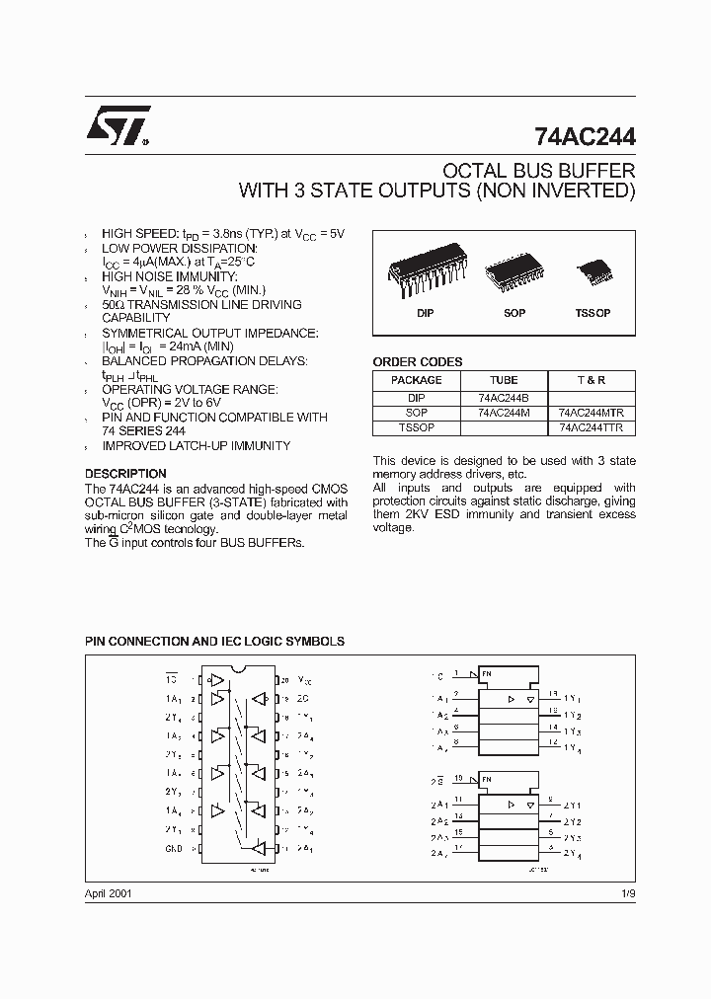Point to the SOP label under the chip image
pyautogui.click(x=514, y=313)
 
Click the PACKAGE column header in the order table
pyautogui.click(x=417, y=380)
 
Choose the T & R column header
pyautogui.click(x=591, y=380)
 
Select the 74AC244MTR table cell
pyautogui.click(x=591, y=413)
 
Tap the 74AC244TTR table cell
pyautogui.click(x=591, y=428)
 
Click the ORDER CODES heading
pyautogui.click(x=417, y=362)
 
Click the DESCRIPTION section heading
pyautogui.click(x=125, y=474)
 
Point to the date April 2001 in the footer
pyautogui.click(x=109, y=891)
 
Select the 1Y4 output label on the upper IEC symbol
pyautogui.click(x=574, y=747)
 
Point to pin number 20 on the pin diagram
pyautogui.click(x=284, y=680)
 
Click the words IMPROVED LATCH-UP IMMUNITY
pyautogui.click(x=196, y=446)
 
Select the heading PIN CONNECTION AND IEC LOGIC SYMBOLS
pyautogui.click(x=214, y=641)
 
